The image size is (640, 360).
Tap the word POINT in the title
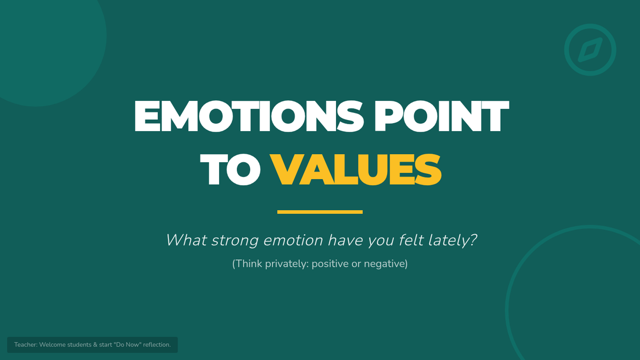point(442,116)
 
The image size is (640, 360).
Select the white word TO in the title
point(230,170)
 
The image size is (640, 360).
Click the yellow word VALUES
point(356,170)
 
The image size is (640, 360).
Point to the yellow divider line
point(320,212)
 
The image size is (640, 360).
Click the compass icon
point(590,50)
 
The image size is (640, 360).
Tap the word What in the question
point(186,240)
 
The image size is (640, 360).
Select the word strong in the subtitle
point(235,241)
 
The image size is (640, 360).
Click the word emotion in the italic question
point(293,241)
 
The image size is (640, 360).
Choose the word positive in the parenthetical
point(330,264)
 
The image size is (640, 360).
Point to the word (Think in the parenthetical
point(247,263)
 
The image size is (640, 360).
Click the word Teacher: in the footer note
point(26,345)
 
